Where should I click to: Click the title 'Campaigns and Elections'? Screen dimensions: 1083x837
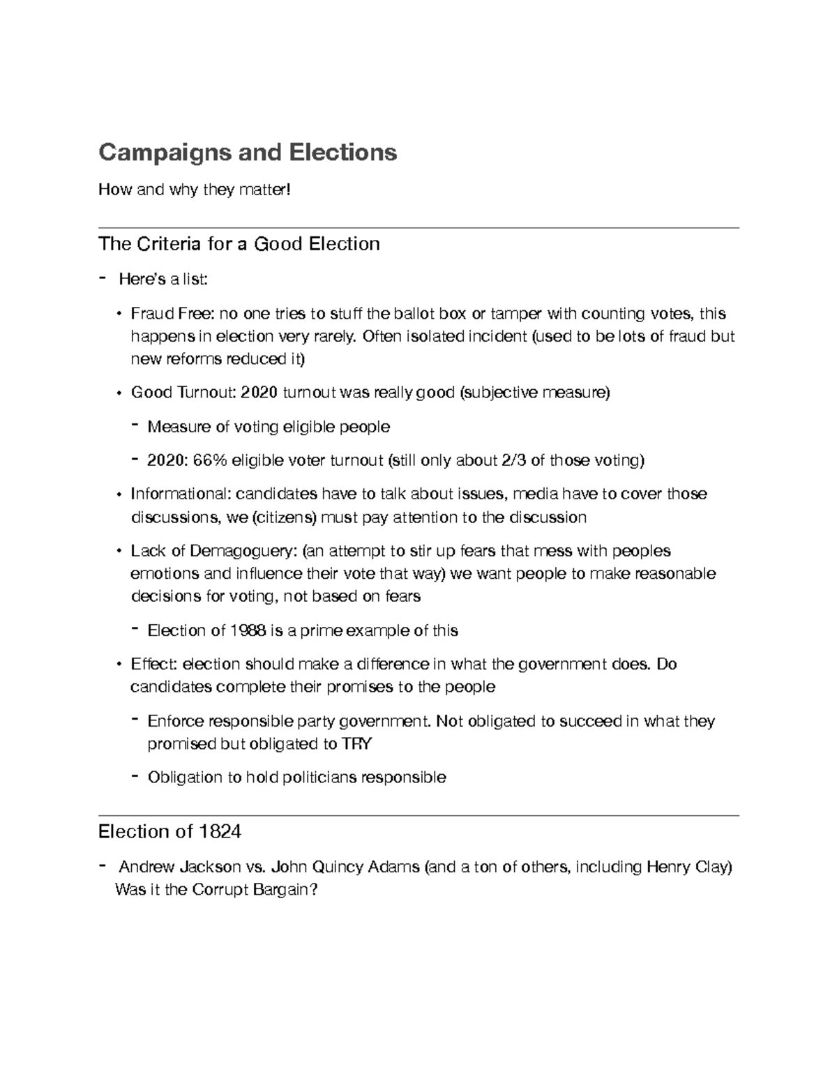point(248,152)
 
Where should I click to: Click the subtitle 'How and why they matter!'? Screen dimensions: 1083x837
point(194,189)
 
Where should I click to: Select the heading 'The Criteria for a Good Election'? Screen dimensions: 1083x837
point(239,243)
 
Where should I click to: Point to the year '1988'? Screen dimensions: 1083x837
point(247,630)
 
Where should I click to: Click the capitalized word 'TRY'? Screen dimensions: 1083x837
point(356,743)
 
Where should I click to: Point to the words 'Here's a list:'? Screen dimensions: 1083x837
point(163,280)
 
